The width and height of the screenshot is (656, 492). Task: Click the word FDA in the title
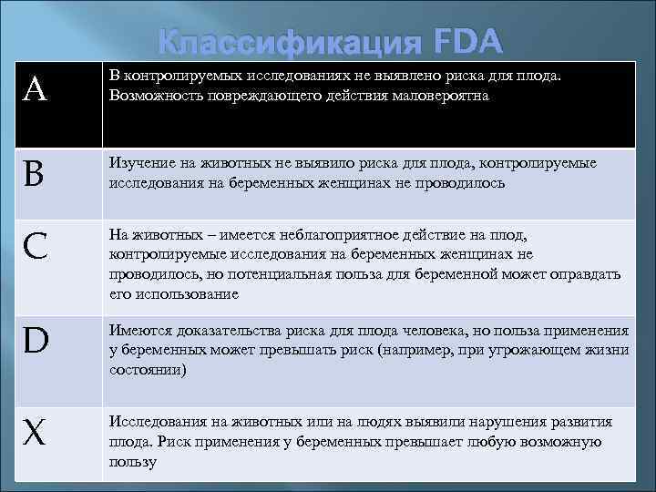coord(468,42)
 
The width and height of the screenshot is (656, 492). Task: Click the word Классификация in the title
coord(291,43)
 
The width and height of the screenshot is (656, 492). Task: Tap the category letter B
coord(34,174)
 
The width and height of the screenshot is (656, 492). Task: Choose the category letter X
coord(36,434)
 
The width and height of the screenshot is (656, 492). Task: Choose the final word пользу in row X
coord(133,462)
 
